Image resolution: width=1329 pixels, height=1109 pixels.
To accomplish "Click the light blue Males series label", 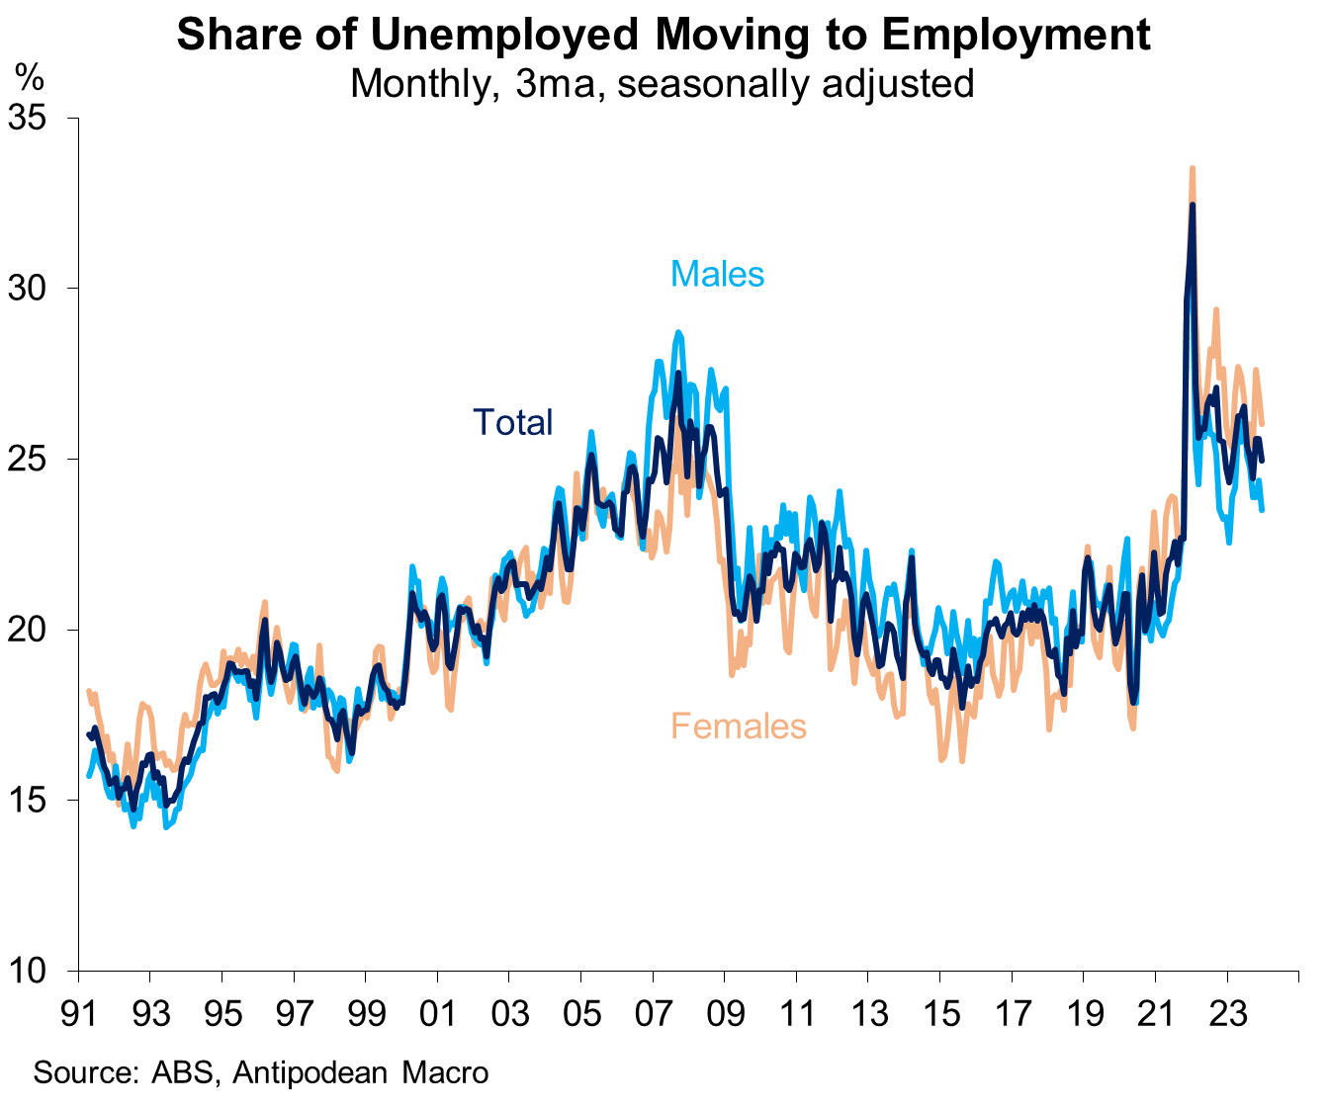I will (x=717, y=273).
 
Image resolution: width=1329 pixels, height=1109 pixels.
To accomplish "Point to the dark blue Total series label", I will (x=512, y=422).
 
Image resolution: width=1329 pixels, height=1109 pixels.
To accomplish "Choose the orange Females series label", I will (x=738, y=726).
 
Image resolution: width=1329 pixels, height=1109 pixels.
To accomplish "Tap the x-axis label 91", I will (x=78, y=1014).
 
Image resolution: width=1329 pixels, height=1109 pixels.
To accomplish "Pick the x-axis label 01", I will (x=437, y=1014).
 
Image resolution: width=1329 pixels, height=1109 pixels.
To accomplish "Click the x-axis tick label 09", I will (x=725, y=1014).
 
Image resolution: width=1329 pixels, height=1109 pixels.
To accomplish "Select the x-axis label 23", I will (x=1227, y=1014).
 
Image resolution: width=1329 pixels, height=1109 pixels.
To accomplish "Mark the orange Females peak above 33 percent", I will (x=1193, y=169).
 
